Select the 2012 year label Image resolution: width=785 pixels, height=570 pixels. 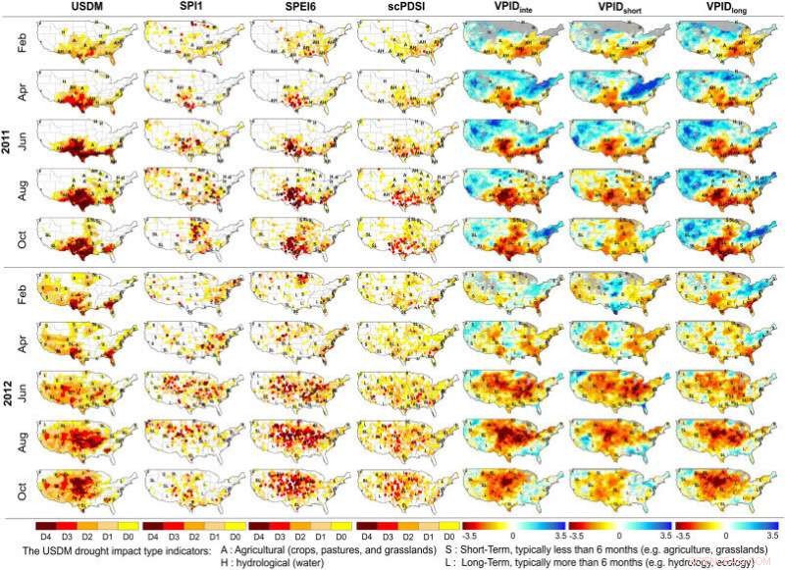pyautogui.click(x=9, y=389)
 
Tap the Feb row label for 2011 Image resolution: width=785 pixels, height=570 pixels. pyautogui.click(x=23, y=42)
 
